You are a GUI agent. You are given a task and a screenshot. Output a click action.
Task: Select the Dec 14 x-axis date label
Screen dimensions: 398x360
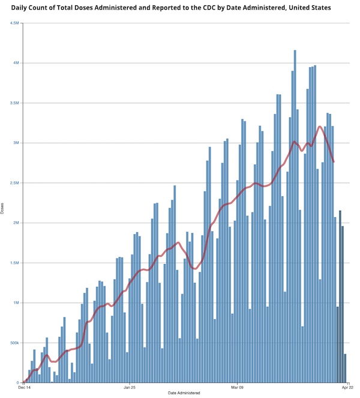click(25, 388)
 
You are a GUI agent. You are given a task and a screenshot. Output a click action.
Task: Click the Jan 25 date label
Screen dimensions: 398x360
click(130, 388)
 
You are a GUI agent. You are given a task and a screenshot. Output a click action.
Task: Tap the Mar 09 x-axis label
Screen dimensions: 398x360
click(238, 388)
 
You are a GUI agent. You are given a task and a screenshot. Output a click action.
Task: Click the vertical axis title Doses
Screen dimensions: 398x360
click(4, 209)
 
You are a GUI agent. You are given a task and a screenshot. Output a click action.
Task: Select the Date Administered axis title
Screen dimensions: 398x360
click(185, 393)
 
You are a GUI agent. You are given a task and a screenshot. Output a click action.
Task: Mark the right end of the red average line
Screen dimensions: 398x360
click(334, 162)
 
